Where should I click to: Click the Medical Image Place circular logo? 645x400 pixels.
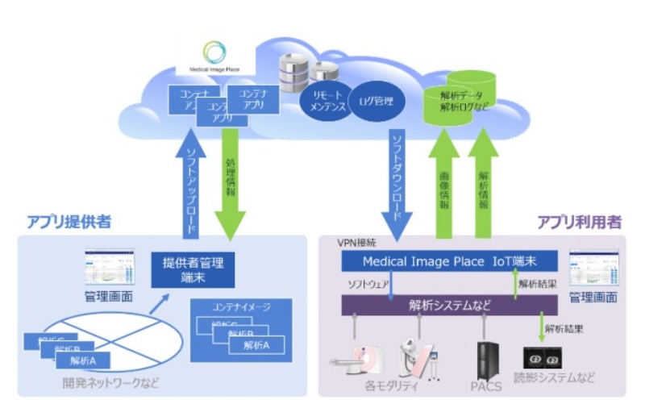(214, 53)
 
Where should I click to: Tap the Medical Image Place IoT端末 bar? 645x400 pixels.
(448, 262)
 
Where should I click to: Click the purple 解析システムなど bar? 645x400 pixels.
(448, 305)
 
